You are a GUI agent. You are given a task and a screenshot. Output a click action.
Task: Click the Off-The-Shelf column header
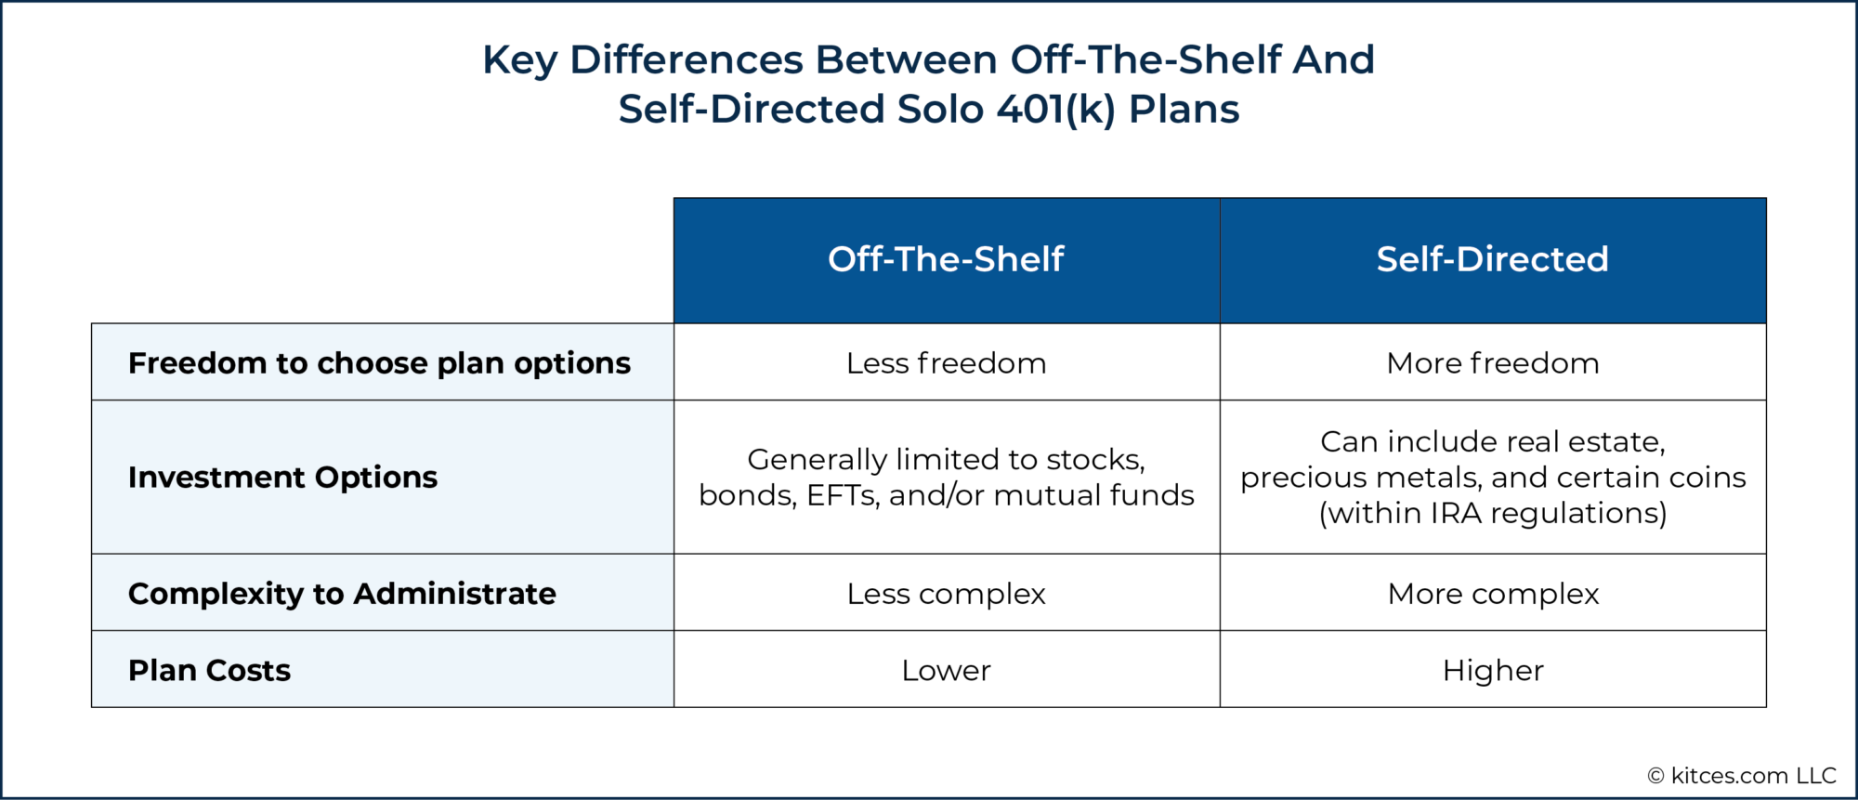(x=946, y=259)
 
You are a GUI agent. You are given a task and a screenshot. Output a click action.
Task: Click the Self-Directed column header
(x=1492, y=259)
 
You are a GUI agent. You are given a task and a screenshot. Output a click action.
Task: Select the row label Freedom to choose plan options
(x=379, y=363)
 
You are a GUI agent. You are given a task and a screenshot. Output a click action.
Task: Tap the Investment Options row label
(x=282, y=478)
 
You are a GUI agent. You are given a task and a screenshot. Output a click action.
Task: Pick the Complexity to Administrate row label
(x=342, y=594)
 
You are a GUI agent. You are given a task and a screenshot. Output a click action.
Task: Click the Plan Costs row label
(x=209, y=671)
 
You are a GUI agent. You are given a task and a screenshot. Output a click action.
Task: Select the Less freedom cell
(x=946, y=363)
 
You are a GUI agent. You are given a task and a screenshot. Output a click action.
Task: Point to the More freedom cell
(x=1492, y=363)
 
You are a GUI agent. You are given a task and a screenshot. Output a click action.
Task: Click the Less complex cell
(x=946, y=594)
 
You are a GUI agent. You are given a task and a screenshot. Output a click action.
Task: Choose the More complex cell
(x=1492, y=594)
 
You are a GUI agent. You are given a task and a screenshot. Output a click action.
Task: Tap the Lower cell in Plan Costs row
(x=946, y=671)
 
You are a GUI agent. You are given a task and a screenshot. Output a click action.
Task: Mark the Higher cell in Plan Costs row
(x=1492, y=671)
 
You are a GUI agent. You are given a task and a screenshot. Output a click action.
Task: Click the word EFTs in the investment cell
(x=842, y=495)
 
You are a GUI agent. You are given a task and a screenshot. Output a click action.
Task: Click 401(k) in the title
(x=1055, y=110)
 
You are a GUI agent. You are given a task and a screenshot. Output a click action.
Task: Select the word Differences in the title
(x=686, y=60)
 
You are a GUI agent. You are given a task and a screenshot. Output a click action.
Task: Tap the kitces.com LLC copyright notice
(x=1742, y=776)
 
